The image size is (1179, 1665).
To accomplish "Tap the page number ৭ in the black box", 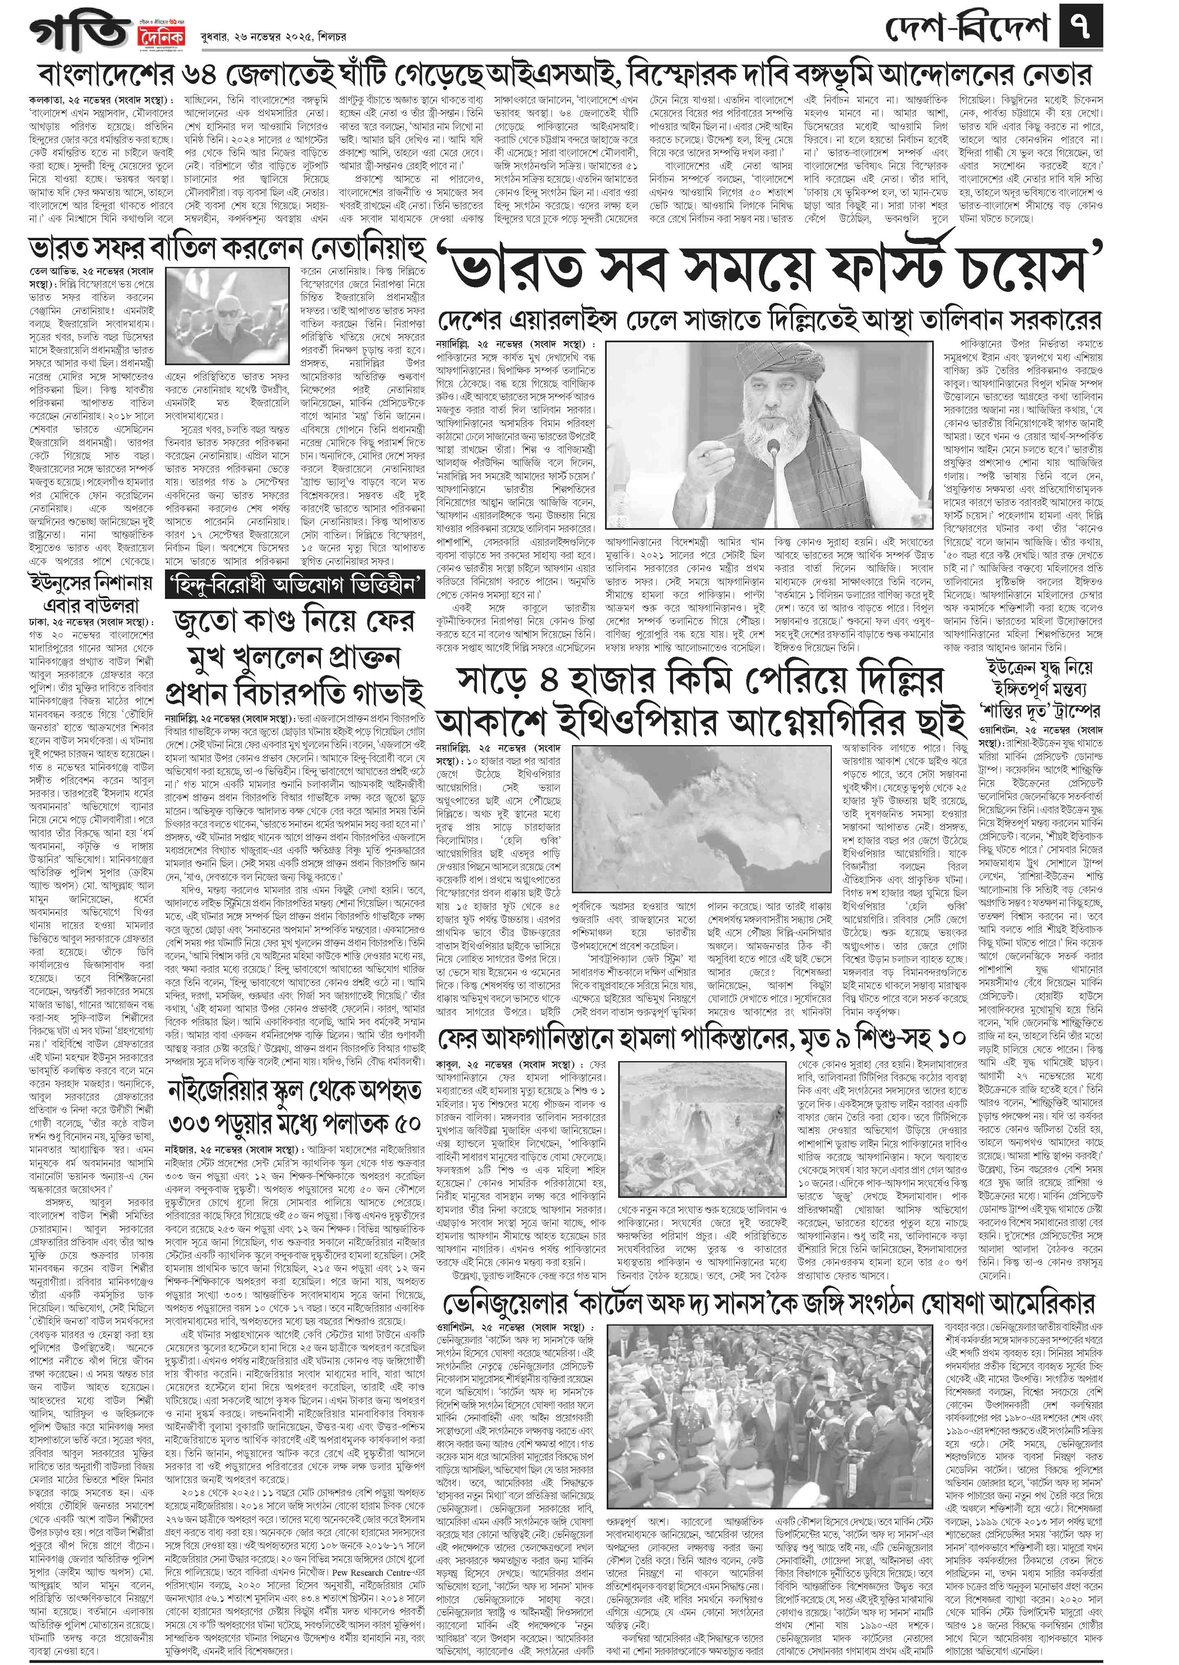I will (1081, 29).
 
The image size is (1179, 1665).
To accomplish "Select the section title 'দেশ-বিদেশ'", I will (969, 29).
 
